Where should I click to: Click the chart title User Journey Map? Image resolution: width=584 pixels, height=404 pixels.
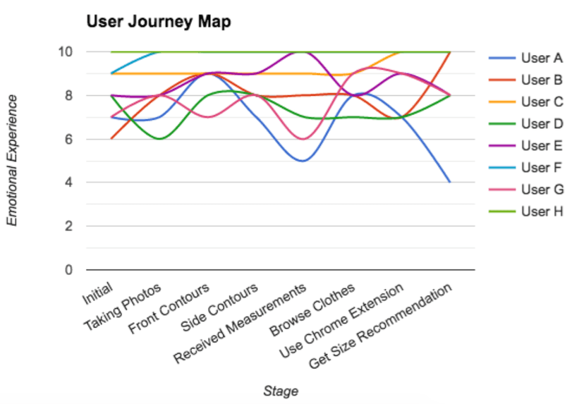[159, 22]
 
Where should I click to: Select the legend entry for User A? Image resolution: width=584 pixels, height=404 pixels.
[541, 58]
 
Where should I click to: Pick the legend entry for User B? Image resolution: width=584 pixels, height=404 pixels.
[541, 80]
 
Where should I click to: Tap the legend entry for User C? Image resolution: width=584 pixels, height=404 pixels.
[541, 102]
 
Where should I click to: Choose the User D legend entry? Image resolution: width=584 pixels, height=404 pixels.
[541, 123]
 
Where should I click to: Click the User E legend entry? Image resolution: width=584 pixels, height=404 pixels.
[541, 145]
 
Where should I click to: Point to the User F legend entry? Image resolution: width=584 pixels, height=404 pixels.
[541, 167]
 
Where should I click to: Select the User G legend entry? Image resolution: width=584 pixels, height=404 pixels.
[541, 189]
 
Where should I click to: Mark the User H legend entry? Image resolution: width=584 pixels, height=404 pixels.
[541, 211]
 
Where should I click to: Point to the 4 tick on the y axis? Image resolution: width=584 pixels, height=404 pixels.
[68, 183]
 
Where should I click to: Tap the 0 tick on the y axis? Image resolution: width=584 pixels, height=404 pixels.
[68, 270]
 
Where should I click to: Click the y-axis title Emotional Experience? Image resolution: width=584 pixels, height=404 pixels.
[12, 160]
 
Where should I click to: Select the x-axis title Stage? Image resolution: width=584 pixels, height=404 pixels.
[280, 391]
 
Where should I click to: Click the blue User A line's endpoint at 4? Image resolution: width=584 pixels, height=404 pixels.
[450, 182]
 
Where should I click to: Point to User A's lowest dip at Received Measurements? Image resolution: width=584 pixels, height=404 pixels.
[302, 161]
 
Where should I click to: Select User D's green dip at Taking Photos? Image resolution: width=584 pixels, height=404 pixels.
[159, 139]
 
